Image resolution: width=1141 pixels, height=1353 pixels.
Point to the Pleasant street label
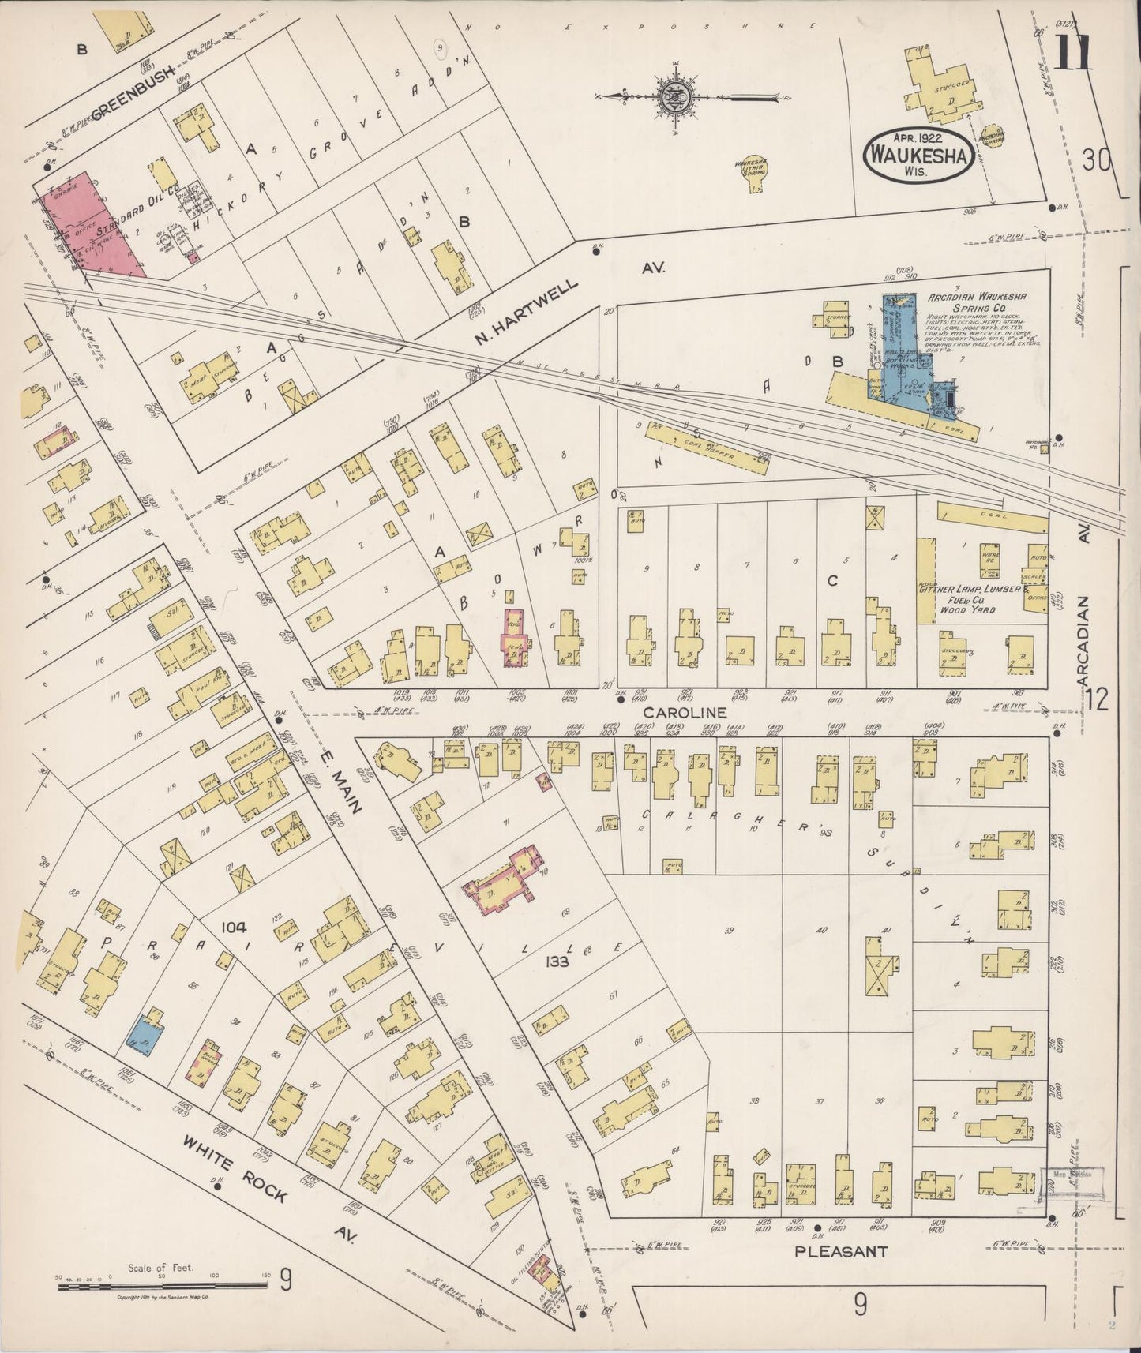(841, 1251)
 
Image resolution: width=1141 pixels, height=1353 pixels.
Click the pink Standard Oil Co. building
(91, 225)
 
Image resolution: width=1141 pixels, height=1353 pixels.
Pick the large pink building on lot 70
(505, 879)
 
